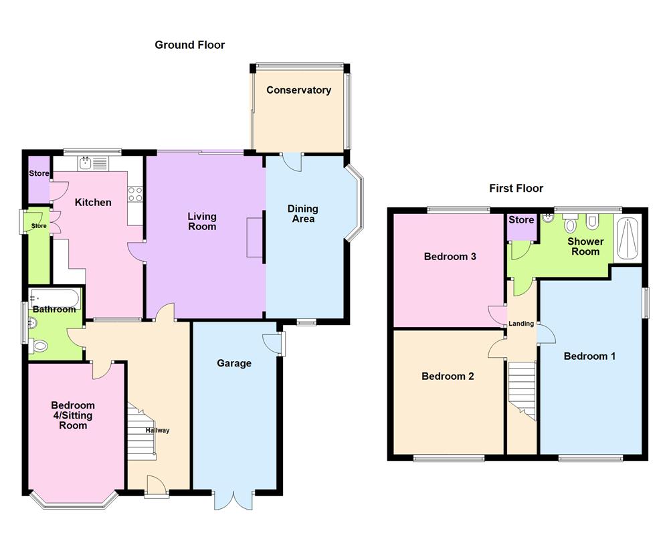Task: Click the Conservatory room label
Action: (x=298, y=90)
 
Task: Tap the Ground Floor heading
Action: (x=189, y=45)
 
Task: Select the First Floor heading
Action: (x=516, y=189)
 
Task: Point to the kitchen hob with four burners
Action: (x=136, y=193)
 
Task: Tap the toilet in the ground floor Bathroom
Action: (x=39, y=346)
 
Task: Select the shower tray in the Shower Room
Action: (x=628, y=239)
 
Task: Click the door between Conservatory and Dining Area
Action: (x=292, y=160)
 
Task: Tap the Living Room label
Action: (x=201, y=221)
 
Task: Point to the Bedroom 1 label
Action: (x=589, y=356)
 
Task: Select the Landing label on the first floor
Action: (x=521, y=324)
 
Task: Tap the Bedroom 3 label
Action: (x=450, y=256)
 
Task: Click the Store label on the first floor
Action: (x=521, y=220)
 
